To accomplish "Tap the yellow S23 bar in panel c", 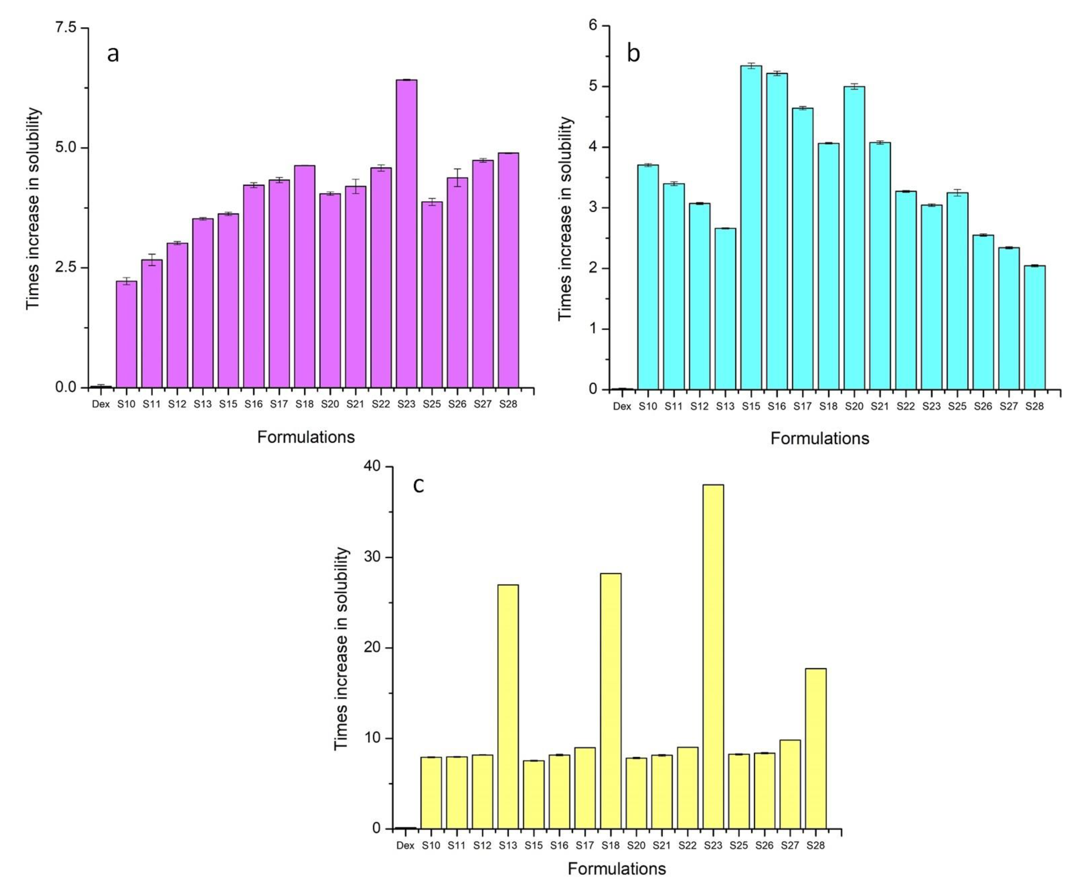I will pyautogui.click(x=713, y=656).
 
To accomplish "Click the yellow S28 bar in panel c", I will pyautogui.click(x=816, y=748).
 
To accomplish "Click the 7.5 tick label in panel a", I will pyautogui.click(x=66, y=28).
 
